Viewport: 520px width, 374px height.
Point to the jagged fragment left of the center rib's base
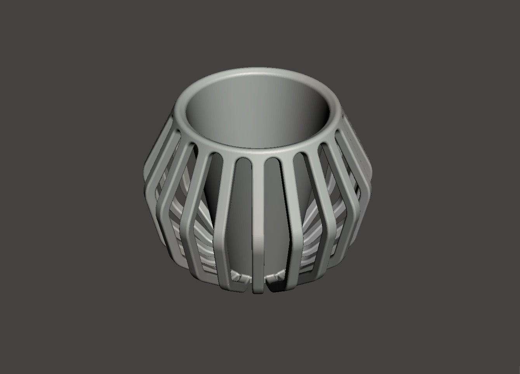(x=240, y=277)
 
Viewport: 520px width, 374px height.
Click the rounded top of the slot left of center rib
(x=243, y=160)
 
